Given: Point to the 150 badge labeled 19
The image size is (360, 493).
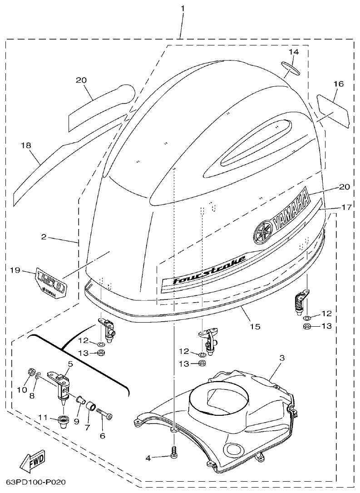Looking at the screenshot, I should click(x=51, y=284).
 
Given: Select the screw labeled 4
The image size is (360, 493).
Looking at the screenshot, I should click(x=173, y=452).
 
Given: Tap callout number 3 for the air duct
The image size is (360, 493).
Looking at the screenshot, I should click(x=281, y=358).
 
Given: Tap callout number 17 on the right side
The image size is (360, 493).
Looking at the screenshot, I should click(x=347, y=207).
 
